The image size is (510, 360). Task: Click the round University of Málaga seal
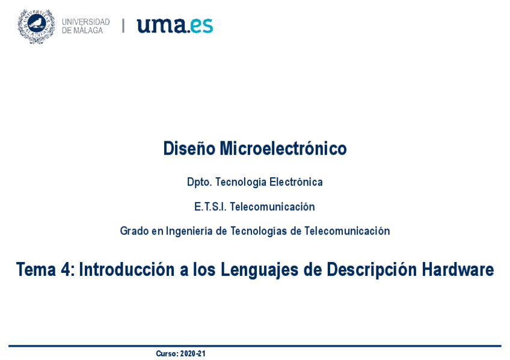point(36,26)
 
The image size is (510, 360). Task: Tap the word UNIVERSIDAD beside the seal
point(86,22)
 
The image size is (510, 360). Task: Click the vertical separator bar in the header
point(123,26)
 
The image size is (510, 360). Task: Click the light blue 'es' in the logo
point(201,26)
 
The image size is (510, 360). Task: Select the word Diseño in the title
point(189,148)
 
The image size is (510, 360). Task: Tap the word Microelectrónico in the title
point(283,148)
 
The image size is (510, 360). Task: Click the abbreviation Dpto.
point(200,182)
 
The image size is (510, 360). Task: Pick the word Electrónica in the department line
point(296,182)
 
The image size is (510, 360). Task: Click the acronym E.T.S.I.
point(210,207)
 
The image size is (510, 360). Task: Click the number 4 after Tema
point(66,269)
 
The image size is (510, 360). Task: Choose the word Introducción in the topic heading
point(127,269)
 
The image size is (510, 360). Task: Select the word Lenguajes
point(260,270)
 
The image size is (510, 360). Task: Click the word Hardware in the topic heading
point(458,269)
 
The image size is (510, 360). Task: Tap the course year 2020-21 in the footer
point(193,353)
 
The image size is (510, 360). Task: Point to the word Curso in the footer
point(167,353)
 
